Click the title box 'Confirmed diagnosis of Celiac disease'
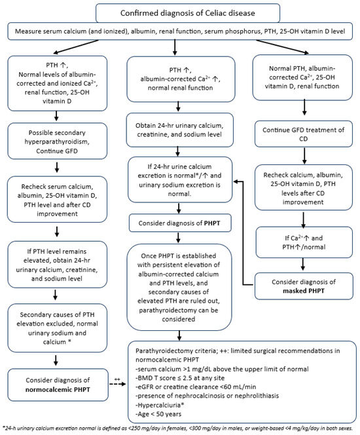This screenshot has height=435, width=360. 188,13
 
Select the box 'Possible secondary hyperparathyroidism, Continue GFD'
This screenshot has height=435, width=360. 57,142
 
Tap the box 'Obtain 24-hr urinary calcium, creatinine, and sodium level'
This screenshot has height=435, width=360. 179,130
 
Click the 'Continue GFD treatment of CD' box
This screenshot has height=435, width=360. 304,134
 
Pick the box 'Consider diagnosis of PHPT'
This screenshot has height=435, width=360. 180,223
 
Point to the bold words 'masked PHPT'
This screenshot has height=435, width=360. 304,291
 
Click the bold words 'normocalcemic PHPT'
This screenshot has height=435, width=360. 58,390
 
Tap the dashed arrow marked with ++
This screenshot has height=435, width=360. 118,384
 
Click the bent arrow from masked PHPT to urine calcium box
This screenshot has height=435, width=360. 243,233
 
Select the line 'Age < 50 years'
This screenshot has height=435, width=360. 158,414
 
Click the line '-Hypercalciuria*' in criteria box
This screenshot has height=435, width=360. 160,405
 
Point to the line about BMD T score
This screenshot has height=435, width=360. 180,378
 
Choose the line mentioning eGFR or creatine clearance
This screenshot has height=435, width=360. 196,387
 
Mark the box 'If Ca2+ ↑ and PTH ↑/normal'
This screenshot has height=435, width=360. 304,242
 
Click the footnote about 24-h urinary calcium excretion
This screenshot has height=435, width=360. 177,428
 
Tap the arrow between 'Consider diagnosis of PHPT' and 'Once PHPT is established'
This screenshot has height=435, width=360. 179,238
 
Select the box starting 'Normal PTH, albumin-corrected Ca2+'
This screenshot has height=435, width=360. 302,77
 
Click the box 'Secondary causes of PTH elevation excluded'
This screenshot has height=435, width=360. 57,328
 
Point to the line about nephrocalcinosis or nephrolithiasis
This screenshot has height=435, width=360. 207,396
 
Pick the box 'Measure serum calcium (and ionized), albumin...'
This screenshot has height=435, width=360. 180,31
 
